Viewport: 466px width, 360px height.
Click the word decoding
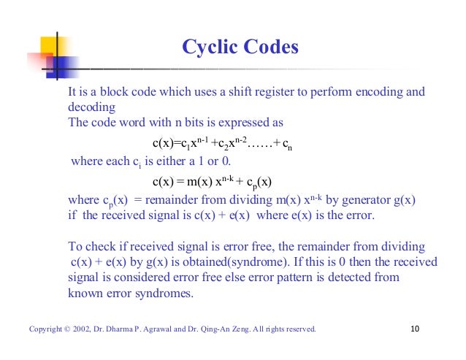tap(89, 107)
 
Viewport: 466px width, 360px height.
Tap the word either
tap(156, 161)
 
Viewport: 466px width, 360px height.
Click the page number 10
tap(416, 329)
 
